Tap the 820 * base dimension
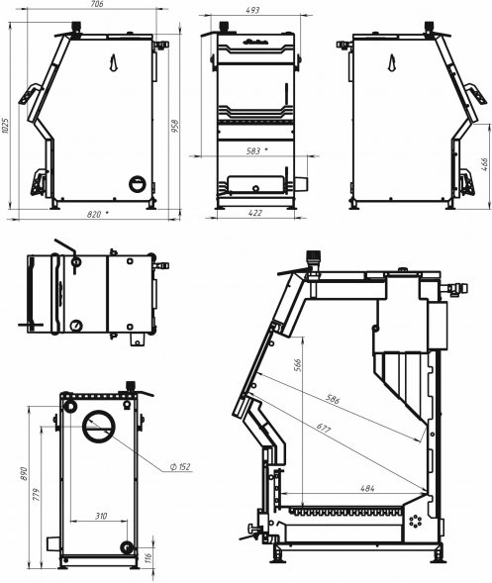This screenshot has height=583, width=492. (97, 212)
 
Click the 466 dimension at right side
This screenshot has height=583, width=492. (485, 164)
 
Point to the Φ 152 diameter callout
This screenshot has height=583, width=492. (179, 467)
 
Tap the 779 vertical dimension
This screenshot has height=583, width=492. (39, 495)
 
